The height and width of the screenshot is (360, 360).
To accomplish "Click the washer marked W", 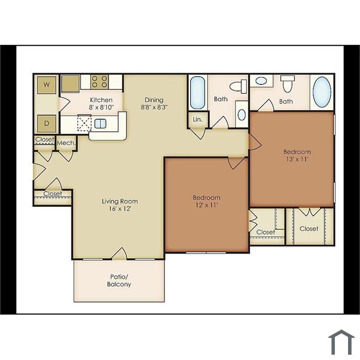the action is (47, 85).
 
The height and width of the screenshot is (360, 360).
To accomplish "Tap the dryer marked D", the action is (47, 123).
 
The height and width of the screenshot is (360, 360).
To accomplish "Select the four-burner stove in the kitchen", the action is (100, 82).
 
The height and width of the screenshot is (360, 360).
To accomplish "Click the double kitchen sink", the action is (100, 124).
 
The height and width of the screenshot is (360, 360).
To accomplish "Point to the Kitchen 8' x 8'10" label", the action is (101, 103).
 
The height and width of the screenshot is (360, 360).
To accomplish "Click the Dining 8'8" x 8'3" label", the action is (154, 103).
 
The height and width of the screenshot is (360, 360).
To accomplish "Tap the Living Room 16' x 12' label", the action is (120, 205).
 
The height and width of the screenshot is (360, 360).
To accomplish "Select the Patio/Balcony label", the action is (119, 280).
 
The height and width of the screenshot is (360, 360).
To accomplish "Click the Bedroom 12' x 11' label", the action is (207, 201).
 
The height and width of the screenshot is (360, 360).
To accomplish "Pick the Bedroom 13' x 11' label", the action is (297, 155).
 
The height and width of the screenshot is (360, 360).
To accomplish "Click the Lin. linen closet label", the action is (197, 119).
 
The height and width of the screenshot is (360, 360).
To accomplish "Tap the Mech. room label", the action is (66, 143).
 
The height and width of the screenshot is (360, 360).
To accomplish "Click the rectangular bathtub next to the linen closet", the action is (197, 93).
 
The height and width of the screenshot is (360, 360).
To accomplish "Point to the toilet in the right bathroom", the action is (287, 84).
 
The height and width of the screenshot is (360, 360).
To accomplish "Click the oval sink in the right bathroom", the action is (261, 81).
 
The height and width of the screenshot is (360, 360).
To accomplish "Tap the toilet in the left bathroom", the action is (238, 86).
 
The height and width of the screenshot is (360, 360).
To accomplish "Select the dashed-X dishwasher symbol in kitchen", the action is (84, 123).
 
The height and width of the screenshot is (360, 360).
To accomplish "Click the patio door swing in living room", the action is (119, 254).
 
